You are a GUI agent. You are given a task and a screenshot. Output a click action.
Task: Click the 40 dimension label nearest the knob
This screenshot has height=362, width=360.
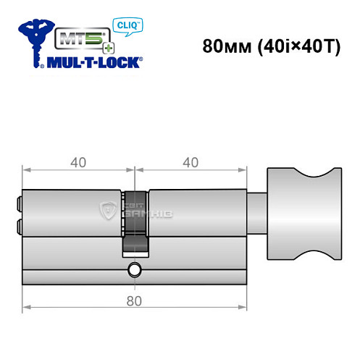pos(191,163)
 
